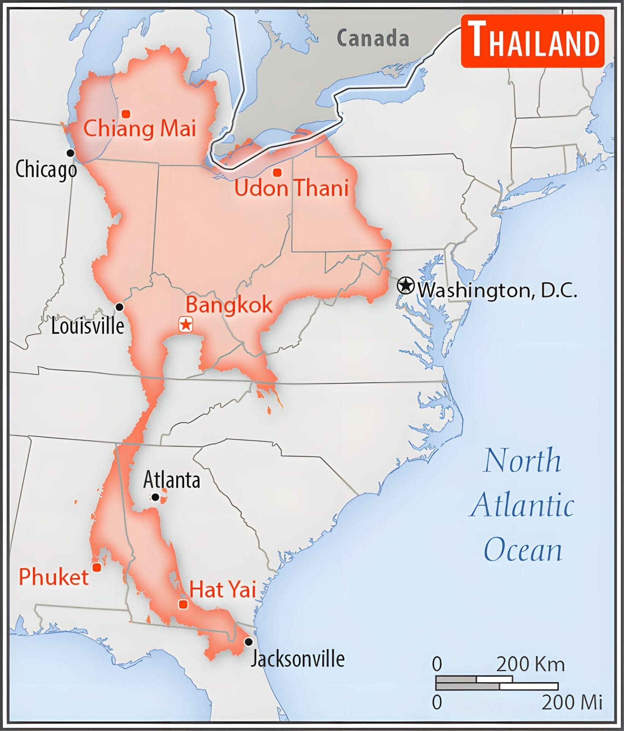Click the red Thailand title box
pyautogui.click(x=532, y=41)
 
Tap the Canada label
pyautogui.click(x=373, y=38)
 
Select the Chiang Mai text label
pyautogui.click(x=140, y=129)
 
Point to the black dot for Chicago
pyautogui.click(x=70, y=153)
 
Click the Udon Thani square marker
pyautogui.click(x=278, y=172)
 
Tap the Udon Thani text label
pyautogui.click(x=291, y=188)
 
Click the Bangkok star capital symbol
pyautogui.click(x=186, y=325)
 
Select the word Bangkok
pyautogui.click(x=229, y=305)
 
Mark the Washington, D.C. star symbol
pyautogui.click(x=406, y=286)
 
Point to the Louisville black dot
pyautogui.click(x=120, y=307)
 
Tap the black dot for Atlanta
pyautogui.click(x=155, y=497)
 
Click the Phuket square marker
pyautogui.click(x=97, y=568)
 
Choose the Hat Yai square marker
pyautogui.click(x=183, y=604)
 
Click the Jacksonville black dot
pyautogui.click(x=248, y=642)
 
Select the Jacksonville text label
pyautogui.click(x=297, y=659)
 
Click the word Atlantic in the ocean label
pyautogui.click(x=523, y=505)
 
